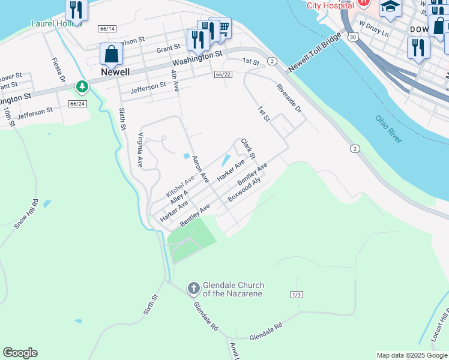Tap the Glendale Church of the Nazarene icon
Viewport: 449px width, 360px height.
click(x=194, y=289)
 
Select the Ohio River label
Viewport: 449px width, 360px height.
click(x=388, y=129)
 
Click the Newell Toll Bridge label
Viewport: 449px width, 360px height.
click(x=315, y=50)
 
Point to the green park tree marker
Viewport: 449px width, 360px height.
click(x=82, y=88)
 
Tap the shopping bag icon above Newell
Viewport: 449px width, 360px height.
click(x=112, y=54)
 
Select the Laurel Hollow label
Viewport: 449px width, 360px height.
click(x=56, y=25)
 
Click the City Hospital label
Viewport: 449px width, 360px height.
click(x=330, y=5)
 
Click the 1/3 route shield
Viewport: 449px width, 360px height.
click(x=297, y=294)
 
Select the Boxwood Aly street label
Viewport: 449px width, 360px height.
click(x=244, y=192)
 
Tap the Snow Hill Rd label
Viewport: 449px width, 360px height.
click(x=26, y=214)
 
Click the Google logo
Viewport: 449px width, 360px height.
click(x=20, y=353)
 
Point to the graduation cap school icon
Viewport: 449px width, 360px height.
click(x=390, y=7)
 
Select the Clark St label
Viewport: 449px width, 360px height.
click(x=248, y=148)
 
